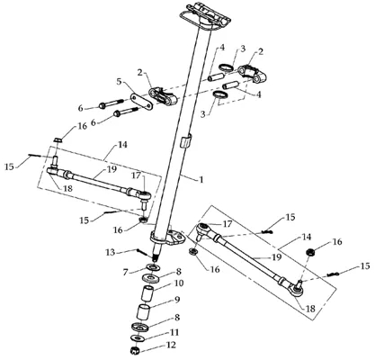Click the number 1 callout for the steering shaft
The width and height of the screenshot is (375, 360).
click(201, 180)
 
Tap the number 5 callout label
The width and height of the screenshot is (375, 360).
click(120, 82)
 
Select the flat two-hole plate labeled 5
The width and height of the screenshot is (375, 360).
click(141, 102)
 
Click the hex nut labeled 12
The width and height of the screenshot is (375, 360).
click(135, 350)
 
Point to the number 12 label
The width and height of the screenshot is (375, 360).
click(171, 346)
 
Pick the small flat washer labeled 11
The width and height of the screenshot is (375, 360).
click(138, 337)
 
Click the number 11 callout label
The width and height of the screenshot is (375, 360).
click(174, 332)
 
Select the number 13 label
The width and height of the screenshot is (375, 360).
click(111, 252)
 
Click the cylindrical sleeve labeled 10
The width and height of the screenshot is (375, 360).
click(147, 294)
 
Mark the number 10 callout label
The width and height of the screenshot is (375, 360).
click(178, 283)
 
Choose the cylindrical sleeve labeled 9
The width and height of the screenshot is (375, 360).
click(143, 312)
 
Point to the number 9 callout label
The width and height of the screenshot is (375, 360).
click(177, 300)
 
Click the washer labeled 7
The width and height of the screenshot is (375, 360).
click(153, 266)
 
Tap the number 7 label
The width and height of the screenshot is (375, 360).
click(126, 272)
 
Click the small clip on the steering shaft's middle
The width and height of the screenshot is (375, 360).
click(185, 140)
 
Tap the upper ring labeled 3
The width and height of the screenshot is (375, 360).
click(227, 67)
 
